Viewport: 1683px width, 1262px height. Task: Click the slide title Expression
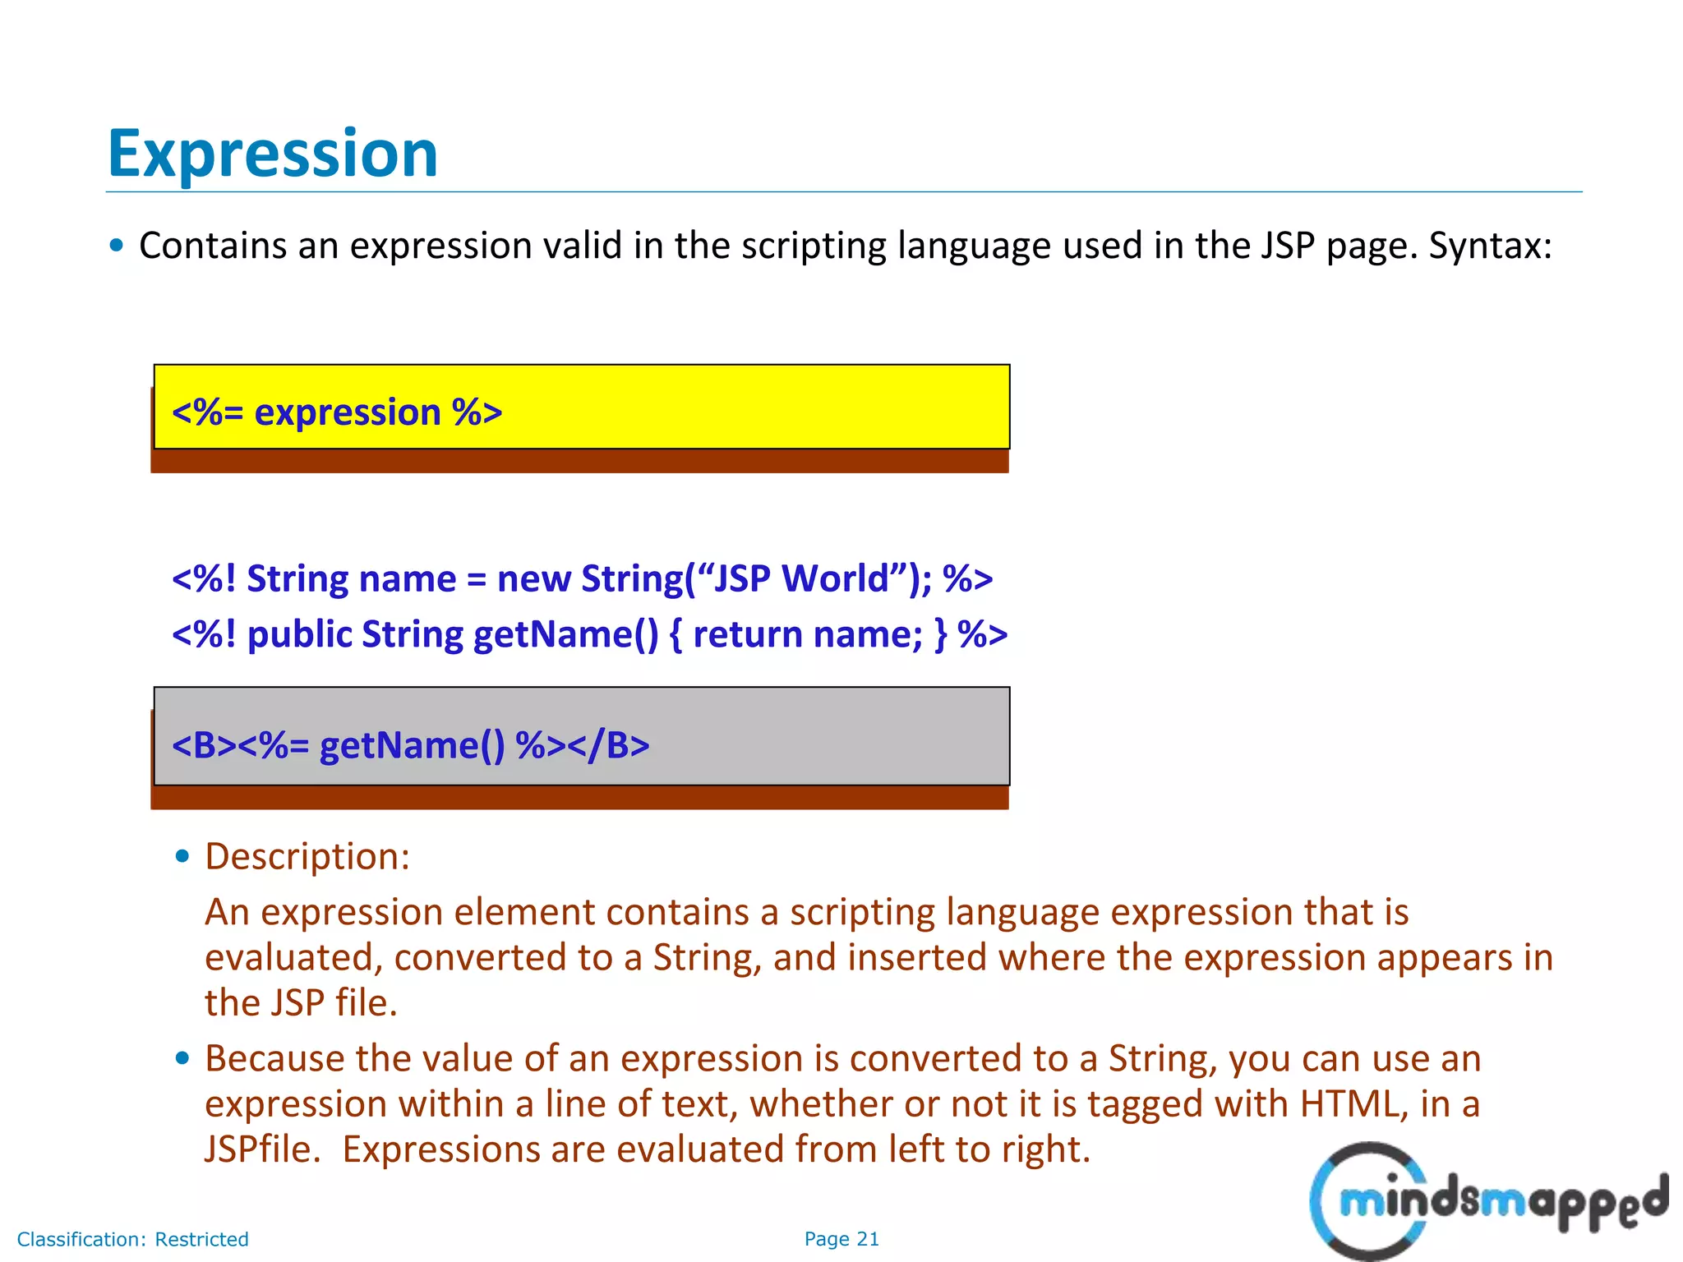click(x=273, y=154)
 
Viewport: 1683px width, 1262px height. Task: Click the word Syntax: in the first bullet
click(x=1490, y=246)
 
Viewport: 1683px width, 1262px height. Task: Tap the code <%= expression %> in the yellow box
click(x=337, y=412)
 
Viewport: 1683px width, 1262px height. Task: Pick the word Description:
click(x=307, y=857)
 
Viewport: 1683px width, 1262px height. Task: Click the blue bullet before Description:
click(x=182, y=857)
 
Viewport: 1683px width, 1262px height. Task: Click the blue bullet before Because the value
click(x=182, y=1058)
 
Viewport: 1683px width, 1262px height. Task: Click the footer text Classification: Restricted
click(x=133, y=1239)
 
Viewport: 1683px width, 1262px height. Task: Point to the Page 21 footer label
click(x=841, y=1239)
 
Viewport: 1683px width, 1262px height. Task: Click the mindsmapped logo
click(x=1487, y=1201)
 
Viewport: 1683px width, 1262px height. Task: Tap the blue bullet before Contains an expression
click(x=117, y=246)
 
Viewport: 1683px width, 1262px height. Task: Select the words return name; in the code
click(x=808, y=635)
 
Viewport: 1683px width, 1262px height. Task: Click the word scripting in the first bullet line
click(x=814, y=246)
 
